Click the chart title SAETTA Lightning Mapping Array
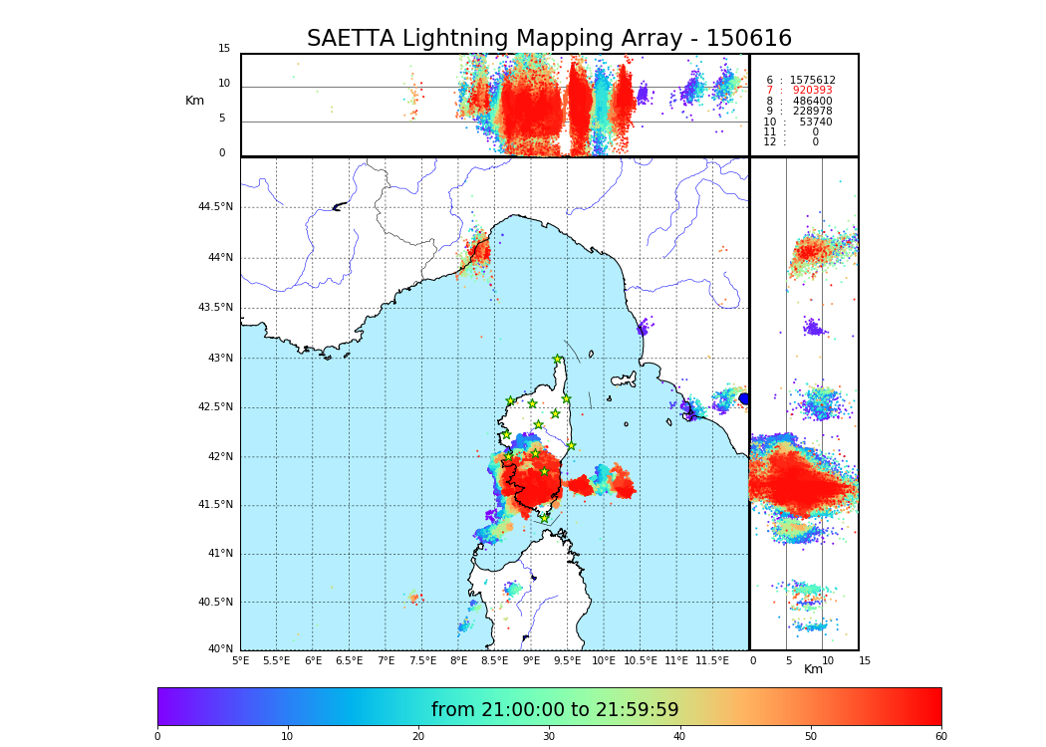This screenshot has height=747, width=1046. coord(549,39)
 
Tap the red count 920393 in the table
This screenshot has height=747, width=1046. coord(812,91)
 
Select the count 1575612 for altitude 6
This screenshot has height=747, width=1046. coord(812,81)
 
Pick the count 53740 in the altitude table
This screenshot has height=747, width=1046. coord(815,123)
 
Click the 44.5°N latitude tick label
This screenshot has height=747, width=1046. coord(215,207)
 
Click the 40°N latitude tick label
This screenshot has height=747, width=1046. coord(220,649)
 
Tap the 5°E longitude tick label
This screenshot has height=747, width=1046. coord(241,660)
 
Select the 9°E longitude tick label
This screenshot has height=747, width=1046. coord(531,660)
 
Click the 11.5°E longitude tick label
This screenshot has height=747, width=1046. coord(713,660)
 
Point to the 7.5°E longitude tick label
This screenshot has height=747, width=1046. coord(422,660)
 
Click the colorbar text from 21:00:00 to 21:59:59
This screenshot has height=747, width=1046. coord(555,710)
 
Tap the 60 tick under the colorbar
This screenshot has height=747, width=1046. coord(940,737)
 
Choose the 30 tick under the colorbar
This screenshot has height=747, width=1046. coord(549,737)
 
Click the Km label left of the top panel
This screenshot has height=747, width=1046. coord(194,101)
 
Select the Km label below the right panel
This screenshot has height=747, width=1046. coord(813,669)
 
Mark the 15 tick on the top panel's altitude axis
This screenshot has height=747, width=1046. coord(224,49)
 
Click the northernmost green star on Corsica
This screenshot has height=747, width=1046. coord(558,360)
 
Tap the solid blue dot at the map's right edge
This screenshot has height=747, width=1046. coord(744,398)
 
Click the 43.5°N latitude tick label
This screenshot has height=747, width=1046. coord(215,308)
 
